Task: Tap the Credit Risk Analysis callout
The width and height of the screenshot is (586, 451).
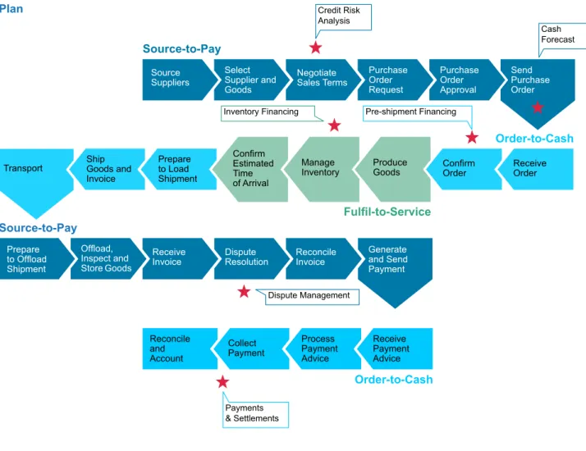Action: pos(343,17)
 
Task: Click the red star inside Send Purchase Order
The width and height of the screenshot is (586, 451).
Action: pos(538,107)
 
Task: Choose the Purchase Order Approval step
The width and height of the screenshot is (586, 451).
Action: pos(466,80)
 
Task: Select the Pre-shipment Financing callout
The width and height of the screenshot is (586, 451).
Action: pos(418,113)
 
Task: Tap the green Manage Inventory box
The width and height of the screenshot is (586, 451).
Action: pos(322,169)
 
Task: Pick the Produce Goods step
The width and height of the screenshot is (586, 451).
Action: pos(393,169)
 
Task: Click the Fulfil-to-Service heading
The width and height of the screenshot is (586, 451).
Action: pos(387,212)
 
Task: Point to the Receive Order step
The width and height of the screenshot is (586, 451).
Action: pos(535,169)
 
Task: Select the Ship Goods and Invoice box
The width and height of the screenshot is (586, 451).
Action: pos(108,169)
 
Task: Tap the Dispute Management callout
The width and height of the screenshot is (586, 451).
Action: pos(309,297)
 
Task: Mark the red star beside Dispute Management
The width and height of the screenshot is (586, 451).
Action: pos(244,292)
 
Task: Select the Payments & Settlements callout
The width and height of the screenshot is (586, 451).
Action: pos(255,413)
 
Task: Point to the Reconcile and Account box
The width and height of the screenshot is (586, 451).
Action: pos(180,348)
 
